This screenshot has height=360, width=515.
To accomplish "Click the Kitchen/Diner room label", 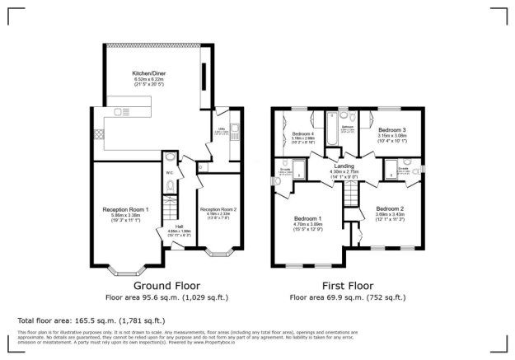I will (x=145, y=74).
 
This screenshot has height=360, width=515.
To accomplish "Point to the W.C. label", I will (x=169, y=172).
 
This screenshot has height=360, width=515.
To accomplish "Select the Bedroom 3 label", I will (x=392, y=130).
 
